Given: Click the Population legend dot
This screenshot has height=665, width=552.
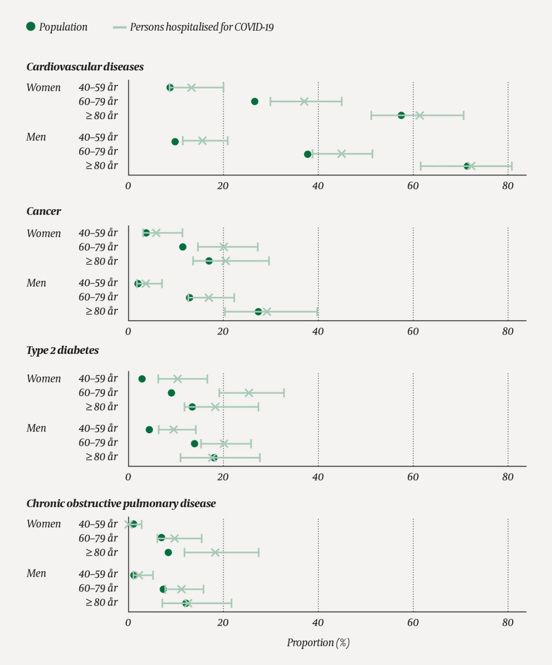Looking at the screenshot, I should pos(31,26).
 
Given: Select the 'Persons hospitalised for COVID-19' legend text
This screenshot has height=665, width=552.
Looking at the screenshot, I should pos(202,27).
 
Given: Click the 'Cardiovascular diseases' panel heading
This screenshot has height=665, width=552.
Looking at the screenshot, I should pos(85,67).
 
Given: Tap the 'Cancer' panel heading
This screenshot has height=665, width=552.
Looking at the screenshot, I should pos(44,211).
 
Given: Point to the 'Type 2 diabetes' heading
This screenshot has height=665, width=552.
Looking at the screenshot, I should pos(63,350).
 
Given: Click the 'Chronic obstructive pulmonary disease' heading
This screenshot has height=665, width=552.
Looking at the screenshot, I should pos(121,503).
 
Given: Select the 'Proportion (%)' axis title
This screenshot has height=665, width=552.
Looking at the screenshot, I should pos(318,642).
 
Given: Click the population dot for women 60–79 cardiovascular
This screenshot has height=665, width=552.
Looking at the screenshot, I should pos(255,101).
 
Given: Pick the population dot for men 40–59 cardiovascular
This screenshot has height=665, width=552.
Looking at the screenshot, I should pos(175,142).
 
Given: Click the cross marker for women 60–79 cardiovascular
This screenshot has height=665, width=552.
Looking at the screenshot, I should pos(304,101).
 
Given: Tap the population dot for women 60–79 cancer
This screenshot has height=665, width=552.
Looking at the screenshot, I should pos(183,247).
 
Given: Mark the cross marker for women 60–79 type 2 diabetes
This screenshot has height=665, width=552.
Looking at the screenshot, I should pos(249,393).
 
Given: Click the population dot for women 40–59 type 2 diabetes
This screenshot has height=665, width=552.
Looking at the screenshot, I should pos(142,379).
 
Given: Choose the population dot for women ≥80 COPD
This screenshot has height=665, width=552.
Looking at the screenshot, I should pos(168,552).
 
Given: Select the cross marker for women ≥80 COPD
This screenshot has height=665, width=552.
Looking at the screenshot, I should pos(215,552).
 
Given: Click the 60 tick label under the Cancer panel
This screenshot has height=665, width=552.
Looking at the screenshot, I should pos(413,331).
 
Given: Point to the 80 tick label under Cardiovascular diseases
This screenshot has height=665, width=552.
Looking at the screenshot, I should pos(508,186).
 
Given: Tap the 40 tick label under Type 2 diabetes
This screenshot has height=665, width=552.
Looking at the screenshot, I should pos(318,477).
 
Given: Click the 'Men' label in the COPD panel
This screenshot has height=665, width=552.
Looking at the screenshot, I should pos(36,573).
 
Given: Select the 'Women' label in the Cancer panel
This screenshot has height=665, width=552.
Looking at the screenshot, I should pos(44,233).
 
